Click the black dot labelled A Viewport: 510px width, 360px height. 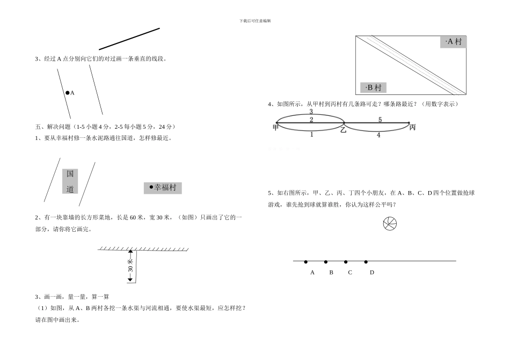click(x=67, y=93)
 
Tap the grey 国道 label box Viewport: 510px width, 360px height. click(x=70, y=181)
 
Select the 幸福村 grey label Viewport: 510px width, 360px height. click(x=163, y=188)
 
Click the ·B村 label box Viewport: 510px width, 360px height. click(x=373, y=87)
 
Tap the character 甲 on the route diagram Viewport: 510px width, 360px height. click(x=275, y=127)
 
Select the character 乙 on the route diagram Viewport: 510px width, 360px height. click(x=343, y=129)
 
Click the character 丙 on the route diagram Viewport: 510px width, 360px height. click(x=412, y=127)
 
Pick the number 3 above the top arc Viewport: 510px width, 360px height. click(x=311, y=112)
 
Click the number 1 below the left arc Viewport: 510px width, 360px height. click(x=311, y=135)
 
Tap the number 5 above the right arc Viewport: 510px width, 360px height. click(x=380, y=120)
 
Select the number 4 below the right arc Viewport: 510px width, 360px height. click(x=378, y=135)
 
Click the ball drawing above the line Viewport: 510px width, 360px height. click(x=390, y=224)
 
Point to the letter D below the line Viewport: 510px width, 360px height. click(x=371, y=273)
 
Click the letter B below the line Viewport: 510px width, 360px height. click(x=331, y=273)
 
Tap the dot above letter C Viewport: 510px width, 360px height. click(x=346, y=262)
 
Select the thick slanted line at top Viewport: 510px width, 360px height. click(x=129, y=39)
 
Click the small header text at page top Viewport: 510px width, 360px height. click(x=256, y=20)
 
